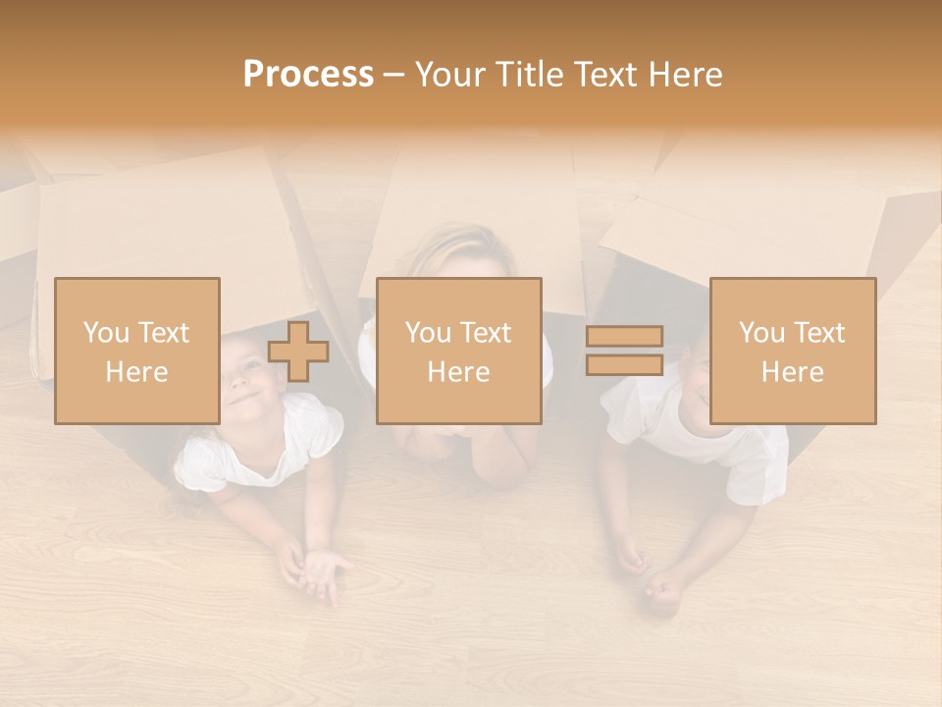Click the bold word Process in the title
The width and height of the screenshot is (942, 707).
pyautogui.click(x=308, y=74)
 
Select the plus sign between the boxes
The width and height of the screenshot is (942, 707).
pyautogui.click(x=298, y=352)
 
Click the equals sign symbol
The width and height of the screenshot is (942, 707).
pyautogui.click(x=624, y=351)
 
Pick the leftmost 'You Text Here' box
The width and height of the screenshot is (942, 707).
pyautogui.click(x=137, y=351)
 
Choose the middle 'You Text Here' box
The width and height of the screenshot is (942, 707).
pyautogui.click(x=459, y=351)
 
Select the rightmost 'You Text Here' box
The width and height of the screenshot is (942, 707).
pyautogui.click(x=793, y=351)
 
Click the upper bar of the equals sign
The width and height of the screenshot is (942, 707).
pyautogui.click(x=624, y=337)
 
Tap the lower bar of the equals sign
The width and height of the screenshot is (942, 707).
pyautogui.click(x=624, y=364)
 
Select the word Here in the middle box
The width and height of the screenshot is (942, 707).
pyautogui.click(x=459, y=372)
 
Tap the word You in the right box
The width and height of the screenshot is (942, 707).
pyautogui.click(x=761, y=333)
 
